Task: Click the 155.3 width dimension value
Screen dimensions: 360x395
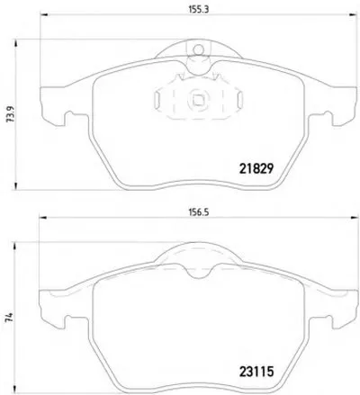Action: tap(198, 9)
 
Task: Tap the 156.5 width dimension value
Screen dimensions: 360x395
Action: tap(198, 212)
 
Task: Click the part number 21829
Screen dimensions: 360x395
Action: tap(256, 169)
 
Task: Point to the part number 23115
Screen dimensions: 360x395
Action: tap(256, 372)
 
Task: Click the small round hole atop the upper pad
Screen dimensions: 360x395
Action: tap(198, 49)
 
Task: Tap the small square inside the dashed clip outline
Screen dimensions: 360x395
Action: tap(198, 100)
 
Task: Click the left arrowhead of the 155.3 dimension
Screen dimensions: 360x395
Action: tap(44, 14)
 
